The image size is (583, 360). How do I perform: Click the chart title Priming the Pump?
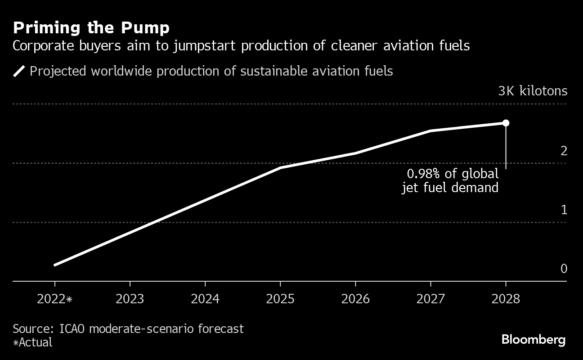91,28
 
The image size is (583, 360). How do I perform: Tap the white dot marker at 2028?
506,123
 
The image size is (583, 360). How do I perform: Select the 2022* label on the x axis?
55,299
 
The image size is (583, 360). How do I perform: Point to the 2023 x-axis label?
130,299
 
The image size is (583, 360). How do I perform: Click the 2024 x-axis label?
205,299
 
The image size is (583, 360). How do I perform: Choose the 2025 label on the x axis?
280,299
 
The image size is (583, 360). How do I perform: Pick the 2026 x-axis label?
355,299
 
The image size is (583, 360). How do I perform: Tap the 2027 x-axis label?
431,299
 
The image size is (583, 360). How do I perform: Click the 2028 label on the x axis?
506,299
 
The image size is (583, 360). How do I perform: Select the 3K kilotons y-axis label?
533,91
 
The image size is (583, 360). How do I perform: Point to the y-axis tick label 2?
564,151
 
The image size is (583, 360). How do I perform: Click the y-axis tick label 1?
564,210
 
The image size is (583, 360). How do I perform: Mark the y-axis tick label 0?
564,269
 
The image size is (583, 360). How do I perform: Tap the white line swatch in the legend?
19,71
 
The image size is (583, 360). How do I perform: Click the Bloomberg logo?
534,339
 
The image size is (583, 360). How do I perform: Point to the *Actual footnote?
33,342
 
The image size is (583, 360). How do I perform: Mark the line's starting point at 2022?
55,265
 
